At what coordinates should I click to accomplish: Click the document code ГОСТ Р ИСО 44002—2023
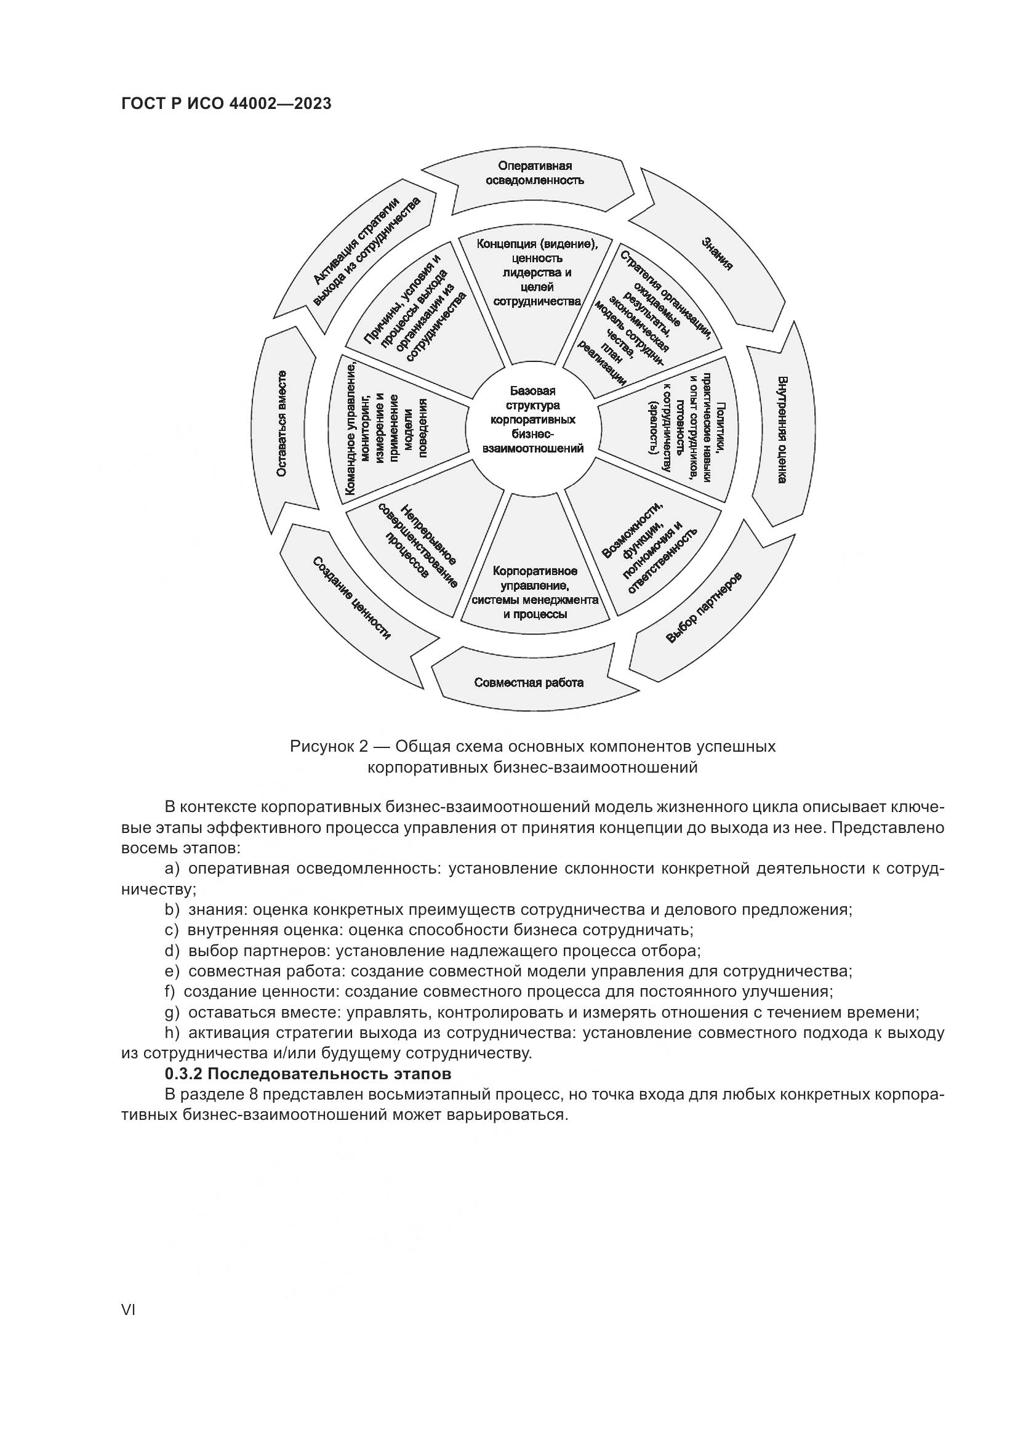(226, 103)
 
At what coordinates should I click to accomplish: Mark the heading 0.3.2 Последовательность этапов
(308, 1074)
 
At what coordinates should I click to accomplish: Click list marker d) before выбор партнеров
(172, 951)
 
